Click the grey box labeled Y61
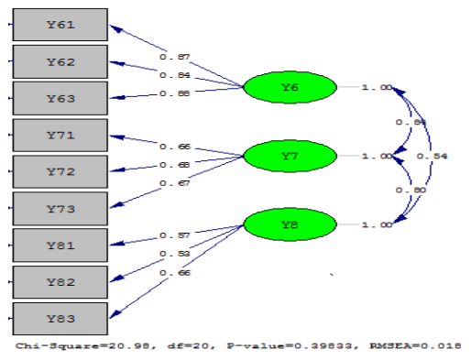pos(60,25)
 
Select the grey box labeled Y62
pos(60,61)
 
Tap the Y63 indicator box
pos(60,98)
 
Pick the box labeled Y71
pos(60,136)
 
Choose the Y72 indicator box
pos(60,172)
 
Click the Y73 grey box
pos(60,209)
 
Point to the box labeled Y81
pos(60,245)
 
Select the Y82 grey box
pos(60,282)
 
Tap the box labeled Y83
pos(60,318)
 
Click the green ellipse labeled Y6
pos(290,87)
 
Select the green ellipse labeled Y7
pos(290,157)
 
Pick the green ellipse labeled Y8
pos(290,225)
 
